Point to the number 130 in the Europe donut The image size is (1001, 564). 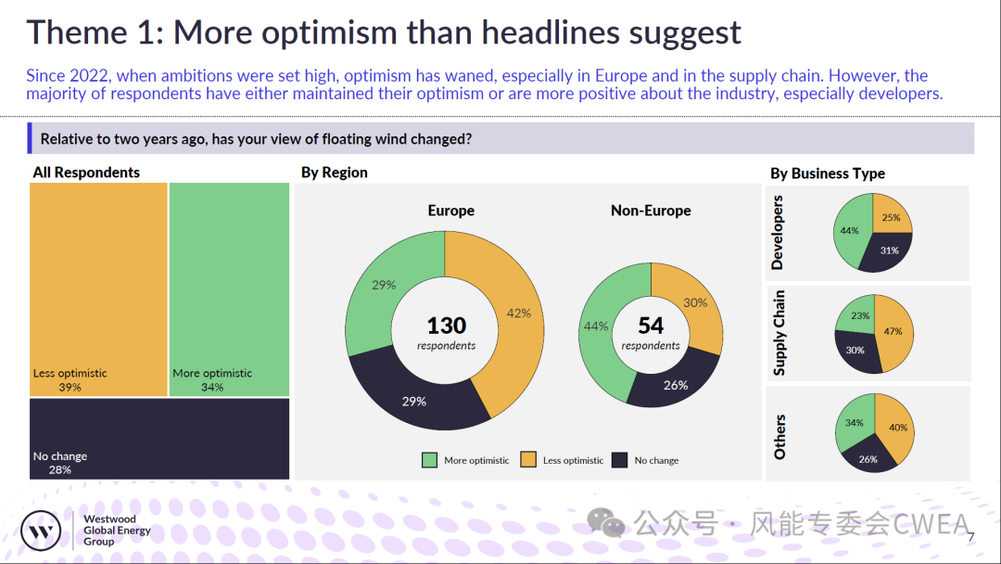(x=446, y=326)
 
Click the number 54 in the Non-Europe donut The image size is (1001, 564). (x=651, y=326)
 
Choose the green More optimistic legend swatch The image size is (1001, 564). (x=430, y=460)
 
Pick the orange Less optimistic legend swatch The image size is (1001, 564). (x=528, y=460)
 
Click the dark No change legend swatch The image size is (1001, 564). (x=619, y=460)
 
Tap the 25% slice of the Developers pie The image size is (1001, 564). (x=890, y=216)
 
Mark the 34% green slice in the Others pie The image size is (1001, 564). (x=855, y=421)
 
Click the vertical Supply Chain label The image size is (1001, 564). (x=779, y=333)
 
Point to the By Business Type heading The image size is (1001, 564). (x=828, y=173)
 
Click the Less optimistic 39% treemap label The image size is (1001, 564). (x=70, y=380)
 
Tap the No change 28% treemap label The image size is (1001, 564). (x=60, y=463)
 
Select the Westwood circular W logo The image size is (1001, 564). (x=41, y=531)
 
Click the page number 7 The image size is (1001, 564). (x=971, y=537)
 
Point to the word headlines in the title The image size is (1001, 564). (x=551, y=32)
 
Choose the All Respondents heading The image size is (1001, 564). (x=86, y=173)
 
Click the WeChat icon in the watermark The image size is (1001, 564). (x=606, y=523)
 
